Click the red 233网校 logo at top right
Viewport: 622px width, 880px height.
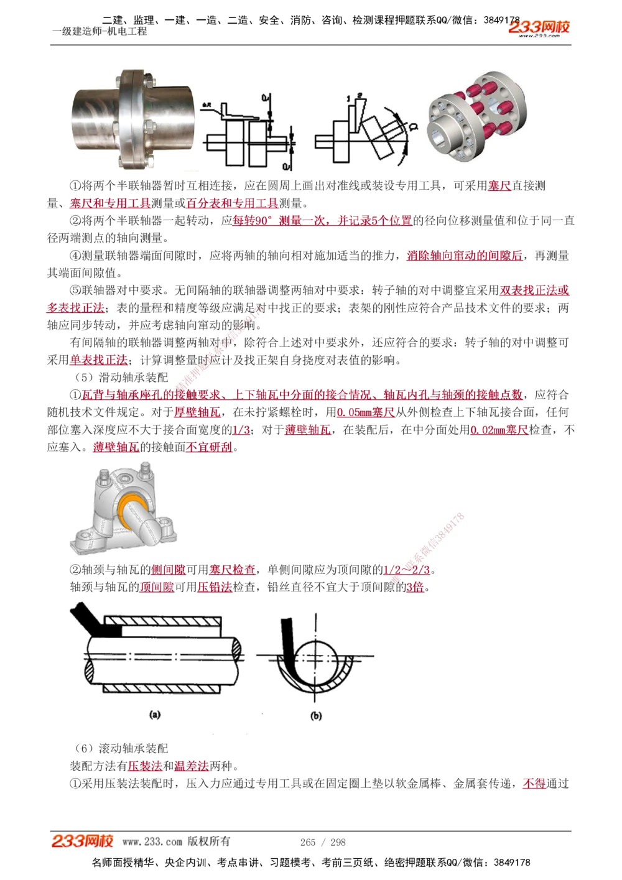[539, 27]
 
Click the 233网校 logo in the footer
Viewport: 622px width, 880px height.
[82, 841]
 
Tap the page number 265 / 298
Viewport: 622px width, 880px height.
[323, 842]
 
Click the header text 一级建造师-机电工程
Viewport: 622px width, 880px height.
[100, 32]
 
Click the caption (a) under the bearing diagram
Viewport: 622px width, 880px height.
[155, 715]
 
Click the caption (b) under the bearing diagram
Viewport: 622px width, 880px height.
[316, 716]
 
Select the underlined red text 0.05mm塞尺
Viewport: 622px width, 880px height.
[366, 412]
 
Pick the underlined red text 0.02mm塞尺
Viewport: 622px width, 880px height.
[499, 430]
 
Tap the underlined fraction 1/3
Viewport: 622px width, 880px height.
[241, 430]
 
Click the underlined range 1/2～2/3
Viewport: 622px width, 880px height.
[406, 570]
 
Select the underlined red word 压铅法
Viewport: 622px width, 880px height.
[215, 587]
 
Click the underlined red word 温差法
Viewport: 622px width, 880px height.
[191, 766]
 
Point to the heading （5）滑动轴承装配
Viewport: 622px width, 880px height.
[121, 377]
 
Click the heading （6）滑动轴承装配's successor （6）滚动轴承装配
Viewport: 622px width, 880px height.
[121, 749]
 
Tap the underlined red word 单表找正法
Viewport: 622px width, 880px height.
[98, 360]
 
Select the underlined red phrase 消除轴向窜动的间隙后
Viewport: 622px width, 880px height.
[465, 256]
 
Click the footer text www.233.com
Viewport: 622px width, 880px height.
[152, 842]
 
